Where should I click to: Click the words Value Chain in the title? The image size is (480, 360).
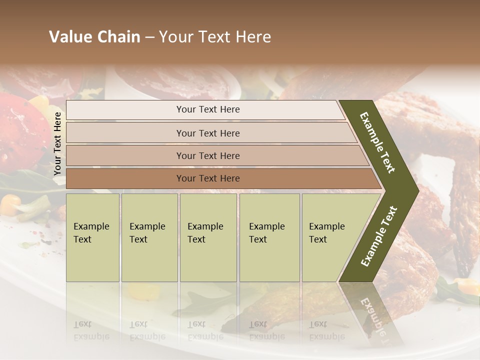(x=94, y=37)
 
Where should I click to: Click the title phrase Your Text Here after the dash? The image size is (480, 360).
(x=215, y=37)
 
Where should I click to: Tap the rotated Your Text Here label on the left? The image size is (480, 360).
(x=57, y=143)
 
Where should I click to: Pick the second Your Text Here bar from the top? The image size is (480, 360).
(x=208, y=133)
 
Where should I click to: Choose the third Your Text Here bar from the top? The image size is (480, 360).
(x=208, y=155)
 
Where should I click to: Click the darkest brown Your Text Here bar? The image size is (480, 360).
(x=208, y=178)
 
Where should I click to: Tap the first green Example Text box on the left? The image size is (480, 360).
(x=92, y=237)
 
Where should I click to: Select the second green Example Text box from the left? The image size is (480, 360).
(x=149, y=237)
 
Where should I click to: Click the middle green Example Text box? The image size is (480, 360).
(x=208, y=237)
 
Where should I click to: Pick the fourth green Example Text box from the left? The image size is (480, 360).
(x=269, y=237)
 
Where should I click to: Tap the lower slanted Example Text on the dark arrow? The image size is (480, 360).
(x=379, y=236)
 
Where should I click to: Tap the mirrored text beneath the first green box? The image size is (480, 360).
(x=91, y=330)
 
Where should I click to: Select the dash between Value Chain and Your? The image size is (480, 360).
(x=149, y=37)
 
